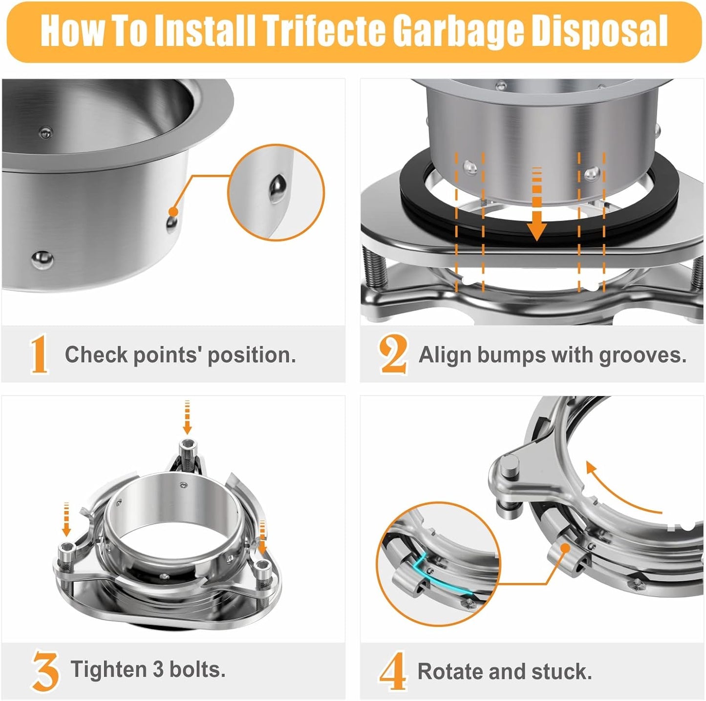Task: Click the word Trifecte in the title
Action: (x=324, y=30)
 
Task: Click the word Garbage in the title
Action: (x=459, y=30)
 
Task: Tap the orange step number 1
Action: (x=39, y=354)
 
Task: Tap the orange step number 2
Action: (x=393, y=354)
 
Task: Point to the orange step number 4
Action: (x=393, y=672)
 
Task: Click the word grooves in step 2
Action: (x=642, y=355)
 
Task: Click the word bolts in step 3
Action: (x=197, y=669)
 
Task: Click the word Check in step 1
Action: (x=96, y=354)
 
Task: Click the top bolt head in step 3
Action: (x=187, y=445)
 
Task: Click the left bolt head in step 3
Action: (x=66, y=549)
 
